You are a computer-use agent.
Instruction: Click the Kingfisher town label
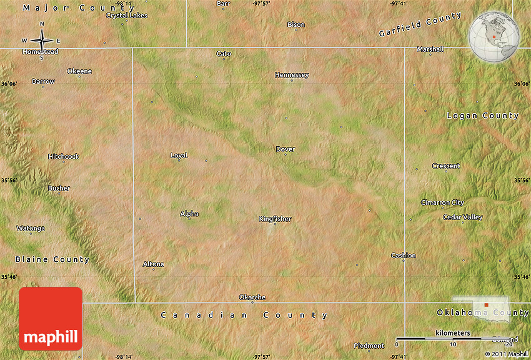[275, 219]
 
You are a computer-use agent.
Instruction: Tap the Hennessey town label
[292, 75]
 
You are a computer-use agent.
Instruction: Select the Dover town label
[285, 149]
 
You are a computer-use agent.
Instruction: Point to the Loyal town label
[179, 156]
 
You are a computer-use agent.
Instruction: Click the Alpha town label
[189, 214]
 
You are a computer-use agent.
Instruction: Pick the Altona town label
[154, 264]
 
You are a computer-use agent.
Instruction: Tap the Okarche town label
[252, 297]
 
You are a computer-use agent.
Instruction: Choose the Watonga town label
[31, 228]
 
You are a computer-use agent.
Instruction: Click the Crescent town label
[446, 166]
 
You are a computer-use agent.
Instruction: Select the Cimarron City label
[442, 202]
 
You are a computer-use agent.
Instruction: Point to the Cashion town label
[403, 256]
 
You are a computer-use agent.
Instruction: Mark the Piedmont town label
[369, 346]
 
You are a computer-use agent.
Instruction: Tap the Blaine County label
[52, 259]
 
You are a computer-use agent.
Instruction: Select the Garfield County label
[420, 25]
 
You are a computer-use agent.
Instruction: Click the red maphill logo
[51, 318]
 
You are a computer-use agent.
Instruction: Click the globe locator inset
[494, 36]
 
